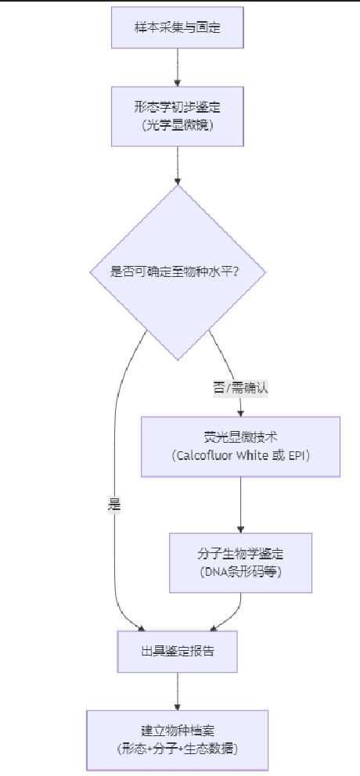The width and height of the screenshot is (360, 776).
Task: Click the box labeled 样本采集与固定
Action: click(x=178, y=27)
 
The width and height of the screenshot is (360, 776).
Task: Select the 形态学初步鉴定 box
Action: click(x=178, y=117)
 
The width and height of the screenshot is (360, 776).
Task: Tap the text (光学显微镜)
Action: click(x=178, y=125)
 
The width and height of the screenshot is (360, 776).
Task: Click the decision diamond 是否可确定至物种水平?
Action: click(x=178, y=272)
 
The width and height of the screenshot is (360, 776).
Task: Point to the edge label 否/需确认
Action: click(x=241, y=389)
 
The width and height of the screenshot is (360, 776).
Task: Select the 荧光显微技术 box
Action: click(x=241, y=447)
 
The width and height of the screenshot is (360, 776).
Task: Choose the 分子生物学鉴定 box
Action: click(x=241, y=562)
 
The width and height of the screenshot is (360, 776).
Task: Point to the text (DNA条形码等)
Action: click(x=241, y=572)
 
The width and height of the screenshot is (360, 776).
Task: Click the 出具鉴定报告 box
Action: click(x=178, y=652)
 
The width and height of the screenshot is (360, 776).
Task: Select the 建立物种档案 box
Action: click(x=178, y=740)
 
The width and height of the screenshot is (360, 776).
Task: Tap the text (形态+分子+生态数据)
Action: click(x=178, y=749)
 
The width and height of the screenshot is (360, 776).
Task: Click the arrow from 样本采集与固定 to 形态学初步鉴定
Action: click(x=178, y=67)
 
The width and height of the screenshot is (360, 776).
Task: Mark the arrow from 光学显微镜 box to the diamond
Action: click(x=178, y=166)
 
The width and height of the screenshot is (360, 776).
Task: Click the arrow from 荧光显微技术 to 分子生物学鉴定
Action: click(x=241, y=505)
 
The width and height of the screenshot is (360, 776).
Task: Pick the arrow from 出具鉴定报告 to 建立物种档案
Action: click(x=178, y=692)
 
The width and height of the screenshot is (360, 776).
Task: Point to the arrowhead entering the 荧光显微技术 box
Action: click(x=241, y=413)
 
